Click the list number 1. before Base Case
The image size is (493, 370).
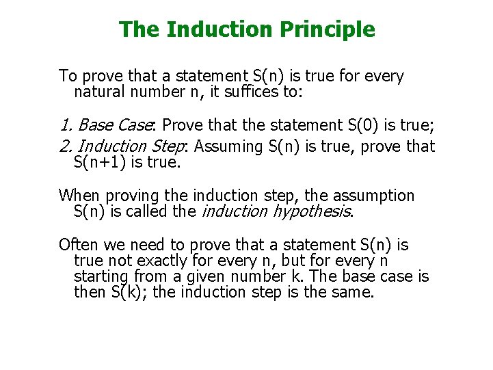[x=66, y=125]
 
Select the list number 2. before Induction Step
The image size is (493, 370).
[x=66, y=146]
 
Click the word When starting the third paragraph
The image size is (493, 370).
[x=79, y=196]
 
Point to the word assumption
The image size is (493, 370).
[x=375, y=196]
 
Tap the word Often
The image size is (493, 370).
[x=77, y=245]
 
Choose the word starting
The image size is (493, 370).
[x=102, y=277]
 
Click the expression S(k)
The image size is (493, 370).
[x=126, y=293]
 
